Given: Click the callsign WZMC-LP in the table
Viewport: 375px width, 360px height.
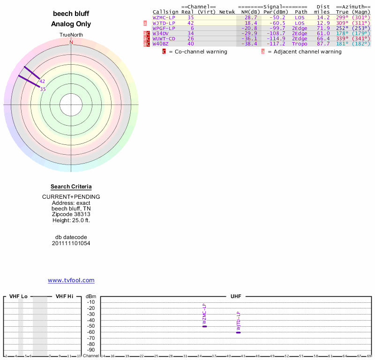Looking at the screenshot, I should tap(164, 17).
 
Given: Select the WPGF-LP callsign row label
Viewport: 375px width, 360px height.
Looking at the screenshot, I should tap(164, 28).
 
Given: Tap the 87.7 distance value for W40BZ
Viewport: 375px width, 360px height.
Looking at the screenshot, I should tap(323, 44).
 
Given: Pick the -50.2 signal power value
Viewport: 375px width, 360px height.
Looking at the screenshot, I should tap(277, 17).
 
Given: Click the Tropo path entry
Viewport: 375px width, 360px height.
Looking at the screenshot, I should tap(300, 44).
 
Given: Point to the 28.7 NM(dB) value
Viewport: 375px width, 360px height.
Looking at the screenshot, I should tap(250, 17).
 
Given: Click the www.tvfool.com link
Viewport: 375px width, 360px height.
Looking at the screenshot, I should tap(71, 280).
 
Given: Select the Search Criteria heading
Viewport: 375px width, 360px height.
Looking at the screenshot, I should tap(71, 187).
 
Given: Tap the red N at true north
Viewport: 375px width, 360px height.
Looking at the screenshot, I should tap(71, 42).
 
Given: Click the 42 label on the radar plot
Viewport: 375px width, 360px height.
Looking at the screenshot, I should tap(42, 81).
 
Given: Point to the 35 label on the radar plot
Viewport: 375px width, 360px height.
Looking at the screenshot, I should tap(43, 89).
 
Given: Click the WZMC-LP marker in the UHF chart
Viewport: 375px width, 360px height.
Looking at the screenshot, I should tap(204, 326).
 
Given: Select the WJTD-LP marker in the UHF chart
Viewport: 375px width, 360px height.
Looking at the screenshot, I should tap(238, 332).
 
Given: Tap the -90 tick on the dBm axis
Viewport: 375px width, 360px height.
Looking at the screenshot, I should tap(91, 350).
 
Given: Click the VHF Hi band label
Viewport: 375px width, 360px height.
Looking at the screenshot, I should tap(64, 296).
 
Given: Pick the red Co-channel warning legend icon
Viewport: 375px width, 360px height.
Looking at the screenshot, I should tap(164, 52).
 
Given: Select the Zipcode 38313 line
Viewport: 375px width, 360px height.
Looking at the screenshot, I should tap(71, 214).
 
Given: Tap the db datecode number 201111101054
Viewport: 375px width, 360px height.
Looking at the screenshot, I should tap(71, 243).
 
